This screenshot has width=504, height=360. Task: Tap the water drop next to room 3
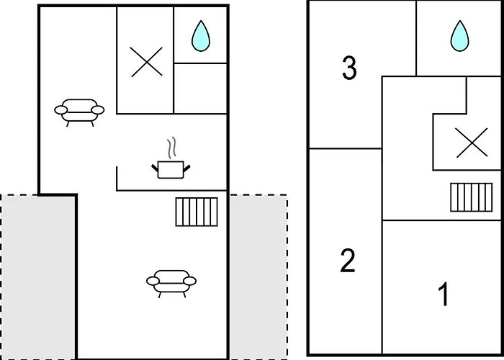[459, 36]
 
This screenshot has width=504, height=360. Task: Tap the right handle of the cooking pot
[188, 167]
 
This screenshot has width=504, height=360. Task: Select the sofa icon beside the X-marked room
[79, 111]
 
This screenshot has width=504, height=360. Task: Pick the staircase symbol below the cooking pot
[197, 211]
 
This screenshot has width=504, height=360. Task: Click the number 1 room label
[444, 294]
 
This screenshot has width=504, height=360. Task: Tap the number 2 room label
[348, 261]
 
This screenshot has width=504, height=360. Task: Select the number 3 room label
[349, 69]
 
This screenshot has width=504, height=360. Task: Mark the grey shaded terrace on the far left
[37, 277]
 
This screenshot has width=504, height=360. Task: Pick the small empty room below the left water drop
[201, 88]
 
